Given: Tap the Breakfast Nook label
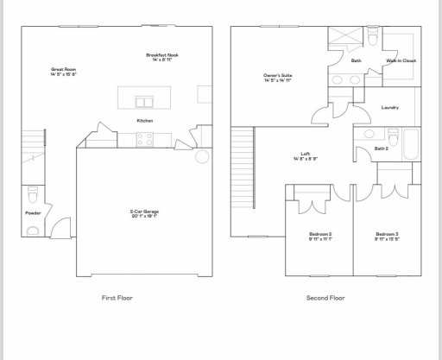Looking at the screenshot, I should coord(161,57).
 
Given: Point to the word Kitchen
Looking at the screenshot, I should coord(145,121).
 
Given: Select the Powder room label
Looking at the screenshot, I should coord(34,212).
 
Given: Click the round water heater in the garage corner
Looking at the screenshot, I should coord(204,157).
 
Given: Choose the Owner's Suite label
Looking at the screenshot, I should coord(277,78).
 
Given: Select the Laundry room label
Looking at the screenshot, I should coord(389,107).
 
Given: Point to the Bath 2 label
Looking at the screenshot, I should coord(382,148).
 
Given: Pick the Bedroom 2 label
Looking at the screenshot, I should coord(320,236).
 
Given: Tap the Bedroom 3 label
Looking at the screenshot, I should coord(386,236).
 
